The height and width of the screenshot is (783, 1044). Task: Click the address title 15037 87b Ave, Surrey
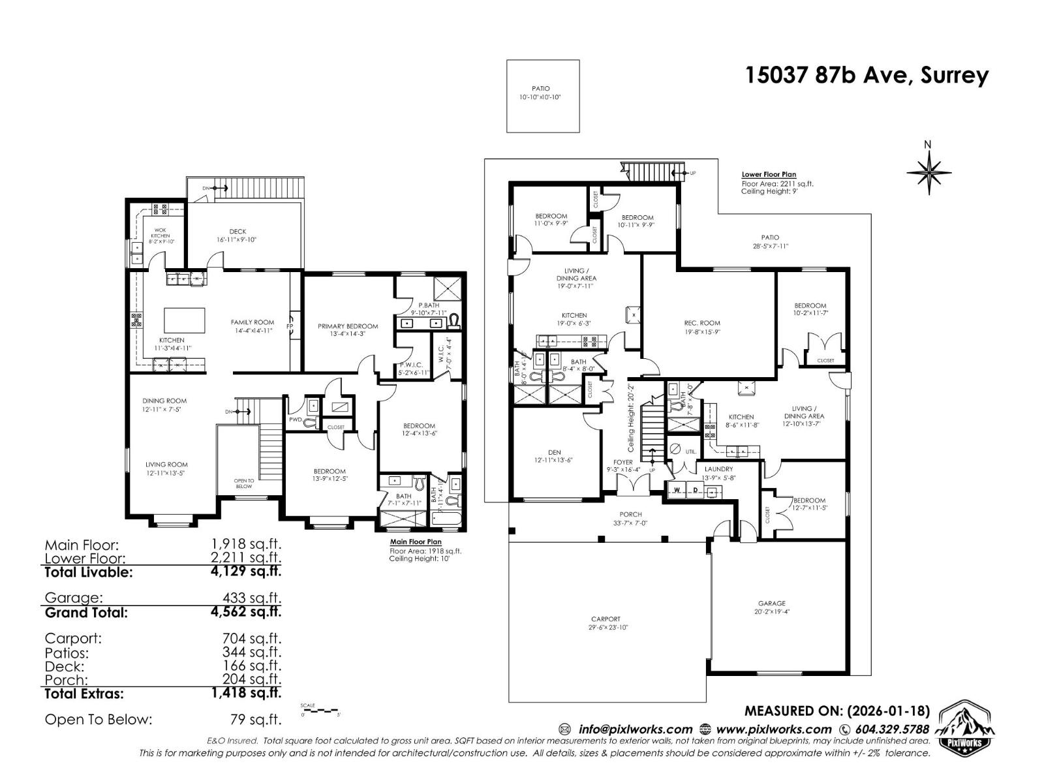[x=867, y=76]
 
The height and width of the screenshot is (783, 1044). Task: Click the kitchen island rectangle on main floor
[x=184, y=320]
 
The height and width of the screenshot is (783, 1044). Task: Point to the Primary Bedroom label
[x=348, y=326]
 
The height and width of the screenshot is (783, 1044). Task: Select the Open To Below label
[x=243, y=484]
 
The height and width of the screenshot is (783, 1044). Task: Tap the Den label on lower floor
[x=554, y=455]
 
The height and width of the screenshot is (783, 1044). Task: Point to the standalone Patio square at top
[x=543, y=96]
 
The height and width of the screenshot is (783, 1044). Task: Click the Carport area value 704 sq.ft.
[x=252, y=638]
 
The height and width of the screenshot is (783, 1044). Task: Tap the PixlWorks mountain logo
[x=967, y=728]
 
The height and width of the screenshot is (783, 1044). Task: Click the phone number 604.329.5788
[x=890, y=729]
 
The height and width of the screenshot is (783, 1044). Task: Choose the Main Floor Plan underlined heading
[x=415, y=542]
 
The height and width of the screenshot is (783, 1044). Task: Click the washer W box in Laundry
[x=677, y=489]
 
